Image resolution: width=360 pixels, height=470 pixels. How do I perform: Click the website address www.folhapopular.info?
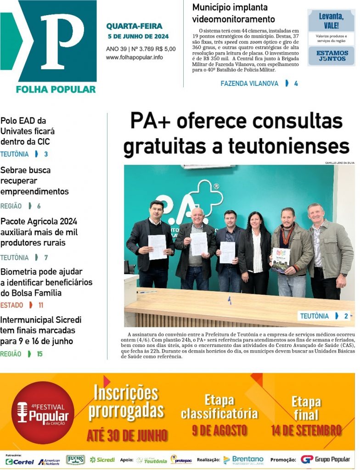pyautogui.click(x=134, y=57)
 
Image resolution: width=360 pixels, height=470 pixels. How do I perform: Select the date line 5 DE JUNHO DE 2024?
pyautogui.click(x=138, y=36)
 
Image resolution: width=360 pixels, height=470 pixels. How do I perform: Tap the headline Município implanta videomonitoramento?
pyautogui.click(x=233, y=13)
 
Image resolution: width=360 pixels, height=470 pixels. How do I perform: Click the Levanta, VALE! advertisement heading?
pyautogui.click(x=331, y=21)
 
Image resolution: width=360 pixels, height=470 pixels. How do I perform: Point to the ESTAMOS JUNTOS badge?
pyautogui.click(x=331, y=56)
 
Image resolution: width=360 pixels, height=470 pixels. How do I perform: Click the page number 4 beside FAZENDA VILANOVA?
pyautogui.click(x=296, y=84)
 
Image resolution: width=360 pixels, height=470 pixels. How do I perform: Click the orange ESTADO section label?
pyautogui.click(x=11, y=305)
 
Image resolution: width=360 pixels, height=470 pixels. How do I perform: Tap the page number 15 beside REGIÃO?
pyautogui.click(x=39, y=354)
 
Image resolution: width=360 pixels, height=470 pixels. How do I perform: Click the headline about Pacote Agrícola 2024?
pyautogui.click(x=39, y=232)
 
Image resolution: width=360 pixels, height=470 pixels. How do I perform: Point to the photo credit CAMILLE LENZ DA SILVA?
pyautogui.click(x=339, y=163)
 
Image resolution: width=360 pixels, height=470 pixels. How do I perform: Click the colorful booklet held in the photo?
pyautogui.click(x=281, y=259)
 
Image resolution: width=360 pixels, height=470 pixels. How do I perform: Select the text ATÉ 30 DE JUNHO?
pyautogui.click(x=127, y=435)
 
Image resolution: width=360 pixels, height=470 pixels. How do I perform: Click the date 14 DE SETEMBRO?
pyautogui.click(x=306, y=431)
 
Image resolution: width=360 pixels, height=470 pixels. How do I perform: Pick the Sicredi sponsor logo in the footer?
pyautogui.click(x=102, y=459)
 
